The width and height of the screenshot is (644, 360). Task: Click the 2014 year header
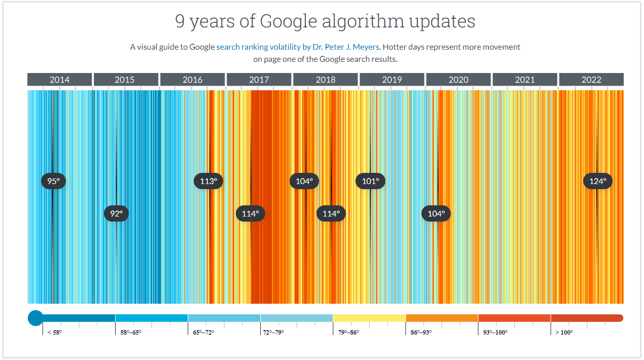coord(60,80)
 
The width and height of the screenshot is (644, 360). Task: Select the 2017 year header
coord(259,80)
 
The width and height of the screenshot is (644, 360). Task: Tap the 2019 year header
coord(392,80)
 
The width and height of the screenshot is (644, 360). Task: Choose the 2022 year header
coord(591,80)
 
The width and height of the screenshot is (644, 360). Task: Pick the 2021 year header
coord(525,80)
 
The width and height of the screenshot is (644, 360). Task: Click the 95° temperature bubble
coord(53,181)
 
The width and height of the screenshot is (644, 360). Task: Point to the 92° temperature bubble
coord(117,213)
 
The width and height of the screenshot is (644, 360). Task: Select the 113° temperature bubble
coord(208,181)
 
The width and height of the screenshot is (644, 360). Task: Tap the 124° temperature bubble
coord(598,181)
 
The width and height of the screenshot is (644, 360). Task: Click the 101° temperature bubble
coord(370,181)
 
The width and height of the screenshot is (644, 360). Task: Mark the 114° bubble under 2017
coord(250,213)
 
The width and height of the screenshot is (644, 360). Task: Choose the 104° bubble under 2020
coord(436,213)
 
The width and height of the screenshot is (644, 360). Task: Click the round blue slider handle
coord(35,318)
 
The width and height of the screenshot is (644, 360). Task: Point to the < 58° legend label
coord(54,333)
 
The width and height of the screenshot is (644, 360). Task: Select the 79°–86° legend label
coord(348,333)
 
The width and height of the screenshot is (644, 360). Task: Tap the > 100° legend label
coord(564,333)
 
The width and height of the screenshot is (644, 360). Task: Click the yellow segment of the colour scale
coord(369,318)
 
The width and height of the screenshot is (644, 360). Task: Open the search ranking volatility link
coord(259,47)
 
